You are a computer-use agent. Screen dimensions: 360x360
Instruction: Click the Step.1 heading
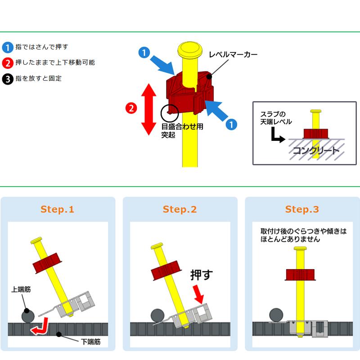57,209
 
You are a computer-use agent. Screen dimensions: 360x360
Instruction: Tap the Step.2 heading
180,209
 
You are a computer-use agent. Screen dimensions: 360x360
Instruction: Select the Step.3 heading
302,209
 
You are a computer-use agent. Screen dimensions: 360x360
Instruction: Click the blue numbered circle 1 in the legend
8,48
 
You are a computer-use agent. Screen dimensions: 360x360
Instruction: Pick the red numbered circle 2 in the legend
8,63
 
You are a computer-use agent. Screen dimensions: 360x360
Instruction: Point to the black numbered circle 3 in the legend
8,79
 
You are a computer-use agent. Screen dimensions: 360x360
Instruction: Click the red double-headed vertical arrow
149,109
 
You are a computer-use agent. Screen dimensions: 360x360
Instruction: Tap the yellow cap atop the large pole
190,50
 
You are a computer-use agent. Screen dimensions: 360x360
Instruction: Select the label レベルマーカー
233,54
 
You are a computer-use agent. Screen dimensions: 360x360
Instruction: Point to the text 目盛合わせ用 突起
182,130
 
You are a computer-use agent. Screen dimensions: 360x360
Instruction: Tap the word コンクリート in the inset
316,151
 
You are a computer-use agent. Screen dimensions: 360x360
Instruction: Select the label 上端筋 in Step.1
21,289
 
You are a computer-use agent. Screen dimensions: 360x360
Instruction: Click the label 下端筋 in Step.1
91,342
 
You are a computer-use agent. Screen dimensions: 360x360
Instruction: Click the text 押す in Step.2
201,275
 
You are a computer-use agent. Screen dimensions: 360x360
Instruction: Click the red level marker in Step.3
300,275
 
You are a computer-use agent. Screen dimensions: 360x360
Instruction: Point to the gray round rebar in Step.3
276,315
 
